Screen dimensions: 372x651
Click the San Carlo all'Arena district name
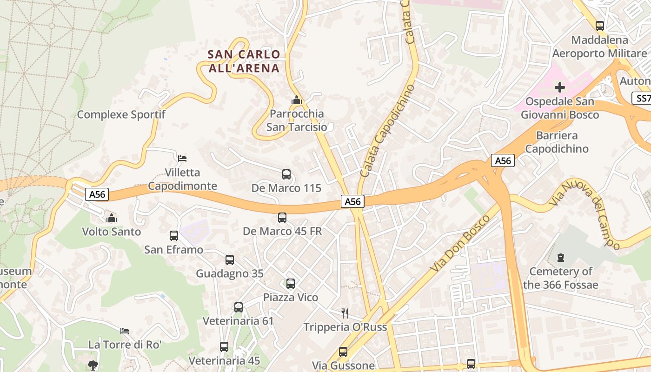244,61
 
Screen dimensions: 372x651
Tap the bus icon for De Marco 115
286,174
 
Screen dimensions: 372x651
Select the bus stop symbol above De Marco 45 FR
282,217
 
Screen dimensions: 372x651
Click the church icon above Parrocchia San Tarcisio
296,100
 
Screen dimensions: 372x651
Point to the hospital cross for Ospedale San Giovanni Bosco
560,87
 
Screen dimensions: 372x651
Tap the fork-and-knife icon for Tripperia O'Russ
345,313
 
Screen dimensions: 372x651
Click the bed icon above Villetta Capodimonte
182,159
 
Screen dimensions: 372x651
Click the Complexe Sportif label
121,114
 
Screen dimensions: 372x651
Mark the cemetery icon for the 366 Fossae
561,257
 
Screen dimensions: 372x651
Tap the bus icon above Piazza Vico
291,283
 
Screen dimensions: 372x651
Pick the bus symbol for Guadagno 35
230,259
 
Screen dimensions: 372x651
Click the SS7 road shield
642,98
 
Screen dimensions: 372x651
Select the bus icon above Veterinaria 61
239,307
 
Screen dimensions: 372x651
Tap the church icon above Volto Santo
111,218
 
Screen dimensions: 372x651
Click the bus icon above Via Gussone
343,352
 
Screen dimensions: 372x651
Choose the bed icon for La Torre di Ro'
125,331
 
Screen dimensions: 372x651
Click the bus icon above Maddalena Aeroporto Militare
600,26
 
